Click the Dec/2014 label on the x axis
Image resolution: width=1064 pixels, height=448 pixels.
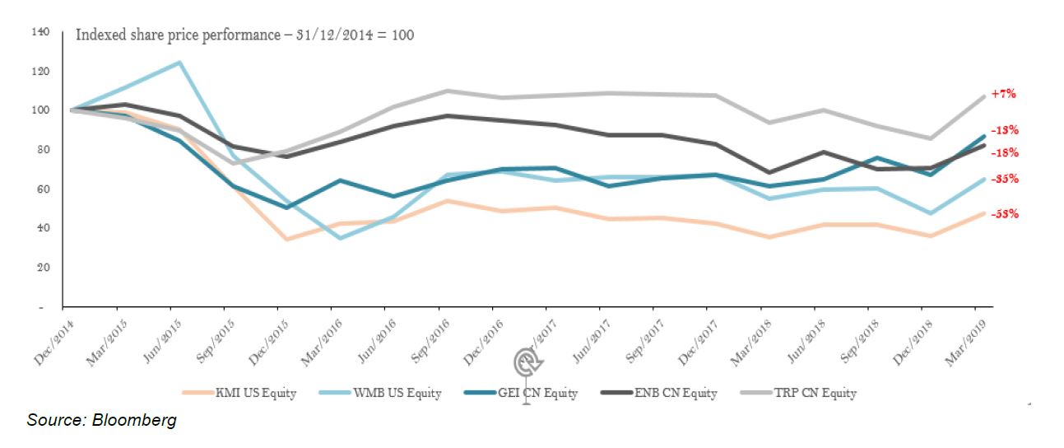coord(49,337)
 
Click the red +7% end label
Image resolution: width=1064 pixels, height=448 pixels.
coord(1003,94)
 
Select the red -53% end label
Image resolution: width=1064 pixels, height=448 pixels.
coord(1005,214)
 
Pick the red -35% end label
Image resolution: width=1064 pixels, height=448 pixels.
coord(1005,179)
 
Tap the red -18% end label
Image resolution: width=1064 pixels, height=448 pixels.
coord(1005,152)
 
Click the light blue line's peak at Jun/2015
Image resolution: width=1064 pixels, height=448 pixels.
coord(179,62)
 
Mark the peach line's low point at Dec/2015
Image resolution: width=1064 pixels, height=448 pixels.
coord(286,240)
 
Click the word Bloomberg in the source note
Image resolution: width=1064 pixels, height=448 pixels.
coord(134,421)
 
